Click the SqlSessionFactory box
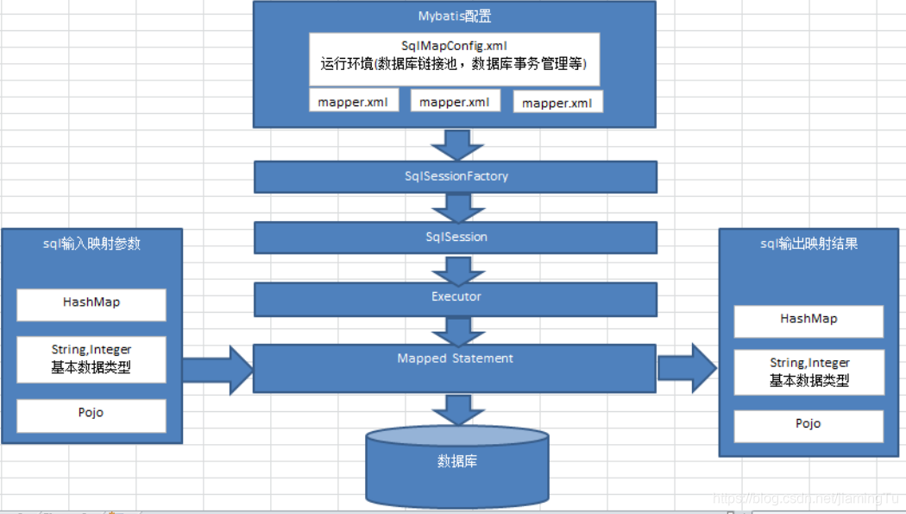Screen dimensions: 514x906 coord(456,176)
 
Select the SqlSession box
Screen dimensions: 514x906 coord(456,237)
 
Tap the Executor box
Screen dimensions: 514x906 coord(456,297)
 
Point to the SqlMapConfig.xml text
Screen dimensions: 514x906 coord(454,45)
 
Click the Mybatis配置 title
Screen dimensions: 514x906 coord(455,16)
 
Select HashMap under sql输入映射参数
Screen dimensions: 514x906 coord(91,303)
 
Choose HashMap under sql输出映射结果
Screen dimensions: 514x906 coord(808,320)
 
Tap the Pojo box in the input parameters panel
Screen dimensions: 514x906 coord(91,414)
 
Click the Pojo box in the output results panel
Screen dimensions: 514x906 coord(808,425)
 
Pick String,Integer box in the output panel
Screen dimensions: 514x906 coord(808,371)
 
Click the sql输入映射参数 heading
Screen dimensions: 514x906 coord(91,244)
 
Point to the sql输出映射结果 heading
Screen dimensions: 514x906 coord(808,244)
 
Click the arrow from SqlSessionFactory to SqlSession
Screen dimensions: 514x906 coord(456,208)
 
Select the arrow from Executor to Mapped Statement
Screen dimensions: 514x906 coord(456,330)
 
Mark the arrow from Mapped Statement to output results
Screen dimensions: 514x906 coord(687,367)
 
